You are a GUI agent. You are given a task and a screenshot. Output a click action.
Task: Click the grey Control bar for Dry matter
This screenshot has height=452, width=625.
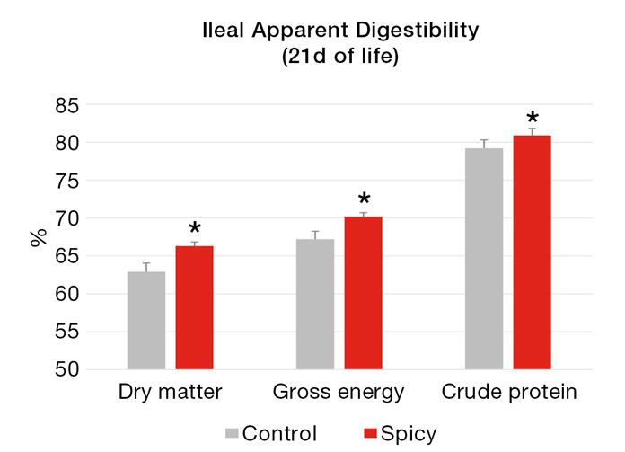coord(146,320)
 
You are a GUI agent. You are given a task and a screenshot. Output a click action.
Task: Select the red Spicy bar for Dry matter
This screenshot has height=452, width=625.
coord(194,307)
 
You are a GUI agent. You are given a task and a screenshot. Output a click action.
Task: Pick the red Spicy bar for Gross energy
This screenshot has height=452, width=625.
coord(363,292)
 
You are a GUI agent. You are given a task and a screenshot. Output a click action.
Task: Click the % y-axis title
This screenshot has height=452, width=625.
coord(39,238)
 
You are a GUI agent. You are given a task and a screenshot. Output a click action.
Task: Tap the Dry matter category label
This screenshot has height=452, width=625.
coord(171,393)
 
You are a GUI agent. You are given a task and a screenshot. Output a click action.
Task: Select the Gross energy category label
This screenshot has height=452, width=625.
coord(339,393)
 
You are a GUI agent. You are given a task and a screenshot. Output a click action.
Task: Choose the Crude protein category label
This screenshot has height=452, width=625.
coord(508,393)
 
